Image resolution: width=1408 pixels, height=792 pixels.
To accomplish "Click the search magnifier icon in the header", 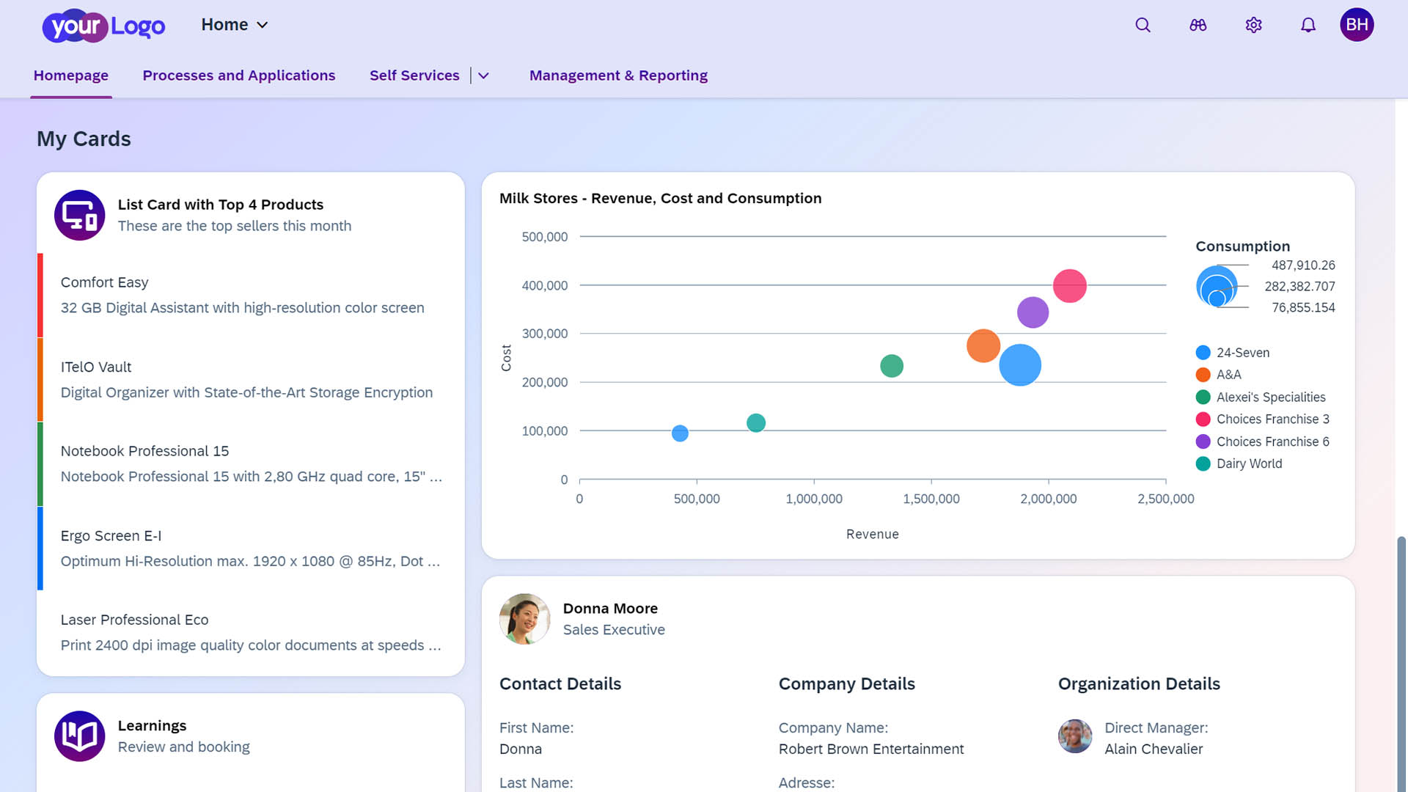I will tap(1143, 25).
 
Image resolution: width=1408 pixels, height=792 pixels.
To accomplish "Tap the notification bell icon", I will tap(1308, 25).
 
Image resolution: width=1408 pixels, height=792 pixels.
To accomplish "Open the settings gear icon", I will tap(1253, 25).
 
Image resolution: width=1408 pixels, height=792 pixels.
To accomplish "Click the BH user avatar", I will tap(1357, 25).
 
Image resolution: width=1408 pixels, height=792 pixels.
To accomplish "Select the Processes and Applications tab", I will tap(238, 76).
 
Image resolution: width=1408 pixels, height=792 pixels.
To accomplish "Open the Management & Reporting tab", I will tap(618, 76).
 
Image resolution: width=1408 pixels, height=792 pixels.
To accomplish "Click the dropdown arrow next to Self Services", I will tap(483, 76).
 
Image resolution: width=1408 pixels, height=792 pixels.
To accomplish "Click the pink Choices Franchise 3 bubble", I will tap(1069, 286).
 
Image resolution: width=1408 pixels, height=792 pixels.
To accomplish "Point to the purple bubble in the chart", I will tap(1033, 312).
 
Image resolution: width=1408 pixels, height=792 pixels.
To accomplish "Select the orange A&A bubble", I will tap(983, 346).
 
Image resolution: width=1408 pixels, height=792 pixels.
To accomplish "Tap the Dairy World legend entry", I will tap(1249, 463).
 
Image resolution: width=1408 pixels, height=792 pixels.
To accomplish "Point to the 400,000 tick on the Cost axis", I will tap(544, 286).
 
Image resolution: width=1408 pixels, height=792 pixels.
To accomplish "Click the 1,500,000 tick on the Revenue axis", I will tap(931, 499).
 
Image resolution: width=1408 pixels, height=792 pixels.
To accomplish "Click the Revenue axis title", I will tap(872, 535).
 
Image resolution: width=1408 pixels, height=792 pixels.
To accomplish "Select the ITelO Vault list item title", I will tap(96, 367).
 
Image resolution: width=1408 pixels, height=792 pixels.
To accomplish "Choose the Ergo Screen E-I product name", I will tap(111, 536).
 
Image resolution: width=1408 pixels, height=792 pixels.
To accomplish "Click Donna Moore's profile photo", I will tap(524, 619).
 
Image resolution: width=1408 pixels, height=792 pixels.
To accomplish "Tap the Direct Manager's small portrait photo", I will tap(1075, 736).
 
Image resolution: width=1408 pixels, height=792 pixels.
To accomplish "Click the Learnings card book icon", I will tap(80, 736).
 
